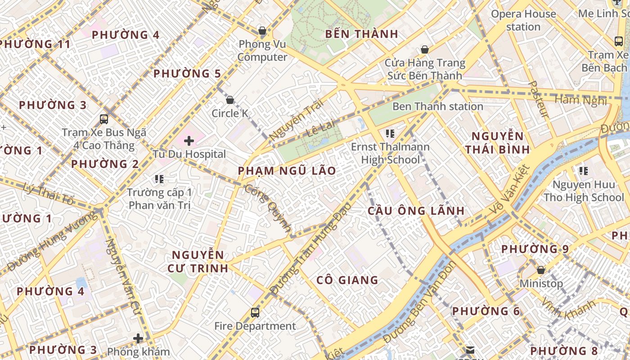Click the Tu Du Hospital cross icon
(x=189, y=141)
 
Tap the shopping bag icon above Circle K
(x=230, y=99)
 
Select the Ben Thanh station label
(x=437, y=107)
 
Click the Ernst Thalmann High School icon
(x=390, y=133)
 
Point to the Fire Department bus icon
(x=255, y=312)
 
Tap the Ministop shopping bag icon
(x=541, y=270)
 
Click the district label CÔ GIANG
(x=347, y=280)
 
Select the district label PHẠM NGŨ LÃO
(x=287, y=171)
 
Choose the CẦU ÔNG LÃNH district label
(x=416, y=211)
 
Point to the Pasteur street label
(x=538, y=99)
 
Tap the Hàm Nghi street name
(x=580, y=100)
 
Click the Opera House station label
(x=523, y=20)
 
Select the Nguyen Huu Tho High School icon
(x=584, y=171)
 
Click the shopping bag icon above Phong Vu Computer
(x=262, y=31)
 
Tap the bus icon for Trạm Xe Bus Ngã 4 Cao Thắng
(x=104, y=119)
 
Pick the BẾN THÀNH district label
(x=361, y=34)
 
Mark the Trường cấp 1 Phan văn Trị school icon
(x=159, y=179)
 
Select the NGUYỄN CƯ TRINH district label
(x=198, y=261)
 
